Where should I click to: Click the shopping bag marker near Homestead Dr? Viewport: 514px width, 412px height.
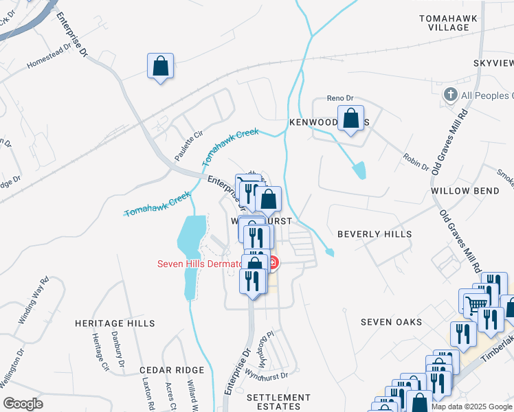160,67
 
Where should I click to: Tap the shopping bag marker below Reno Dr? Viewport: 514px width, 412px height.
351,118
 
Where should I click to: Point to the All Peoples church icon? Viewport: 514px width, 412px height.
451,95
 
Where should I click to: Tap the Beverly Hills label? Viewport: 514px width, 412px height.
375,234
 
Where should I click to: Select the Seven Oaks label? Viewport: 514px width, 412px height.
390,321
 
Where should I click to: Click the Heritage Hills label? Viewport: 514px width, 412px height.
115,323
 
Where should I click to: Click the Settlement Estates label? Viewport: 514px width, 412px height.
278,402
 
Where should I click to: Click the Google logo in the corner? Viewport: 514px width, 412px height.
23,404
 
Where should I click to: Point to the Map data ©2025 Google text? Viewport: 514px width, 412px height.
471,407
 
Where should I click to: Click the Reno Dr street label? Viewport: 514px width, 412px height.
339,98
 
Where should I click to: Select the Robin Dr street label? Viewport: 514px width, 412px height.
416,163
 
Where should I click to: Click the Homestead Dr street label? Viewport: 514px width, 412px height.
49,57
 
